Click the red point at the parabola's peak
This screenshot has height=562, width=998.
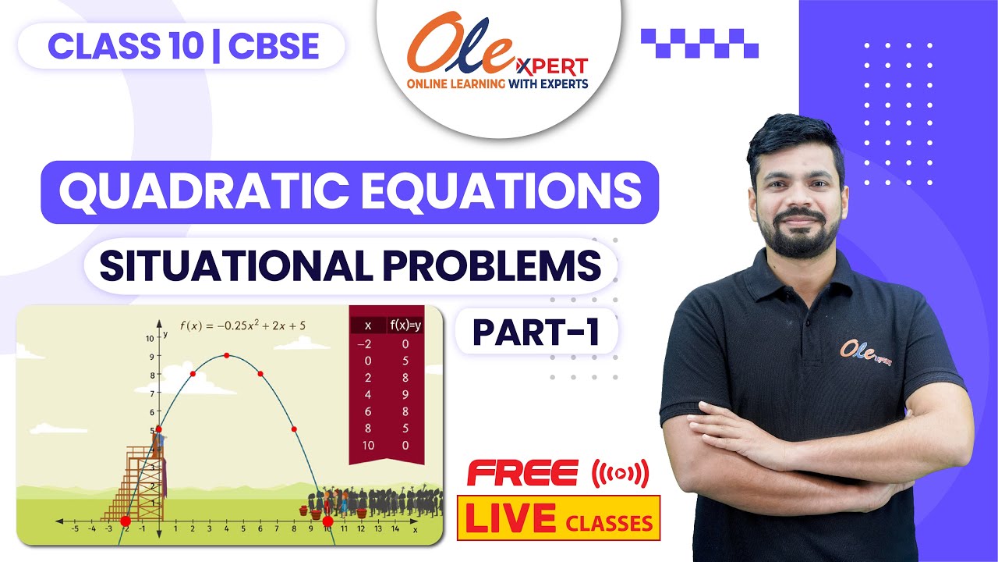[226, 355]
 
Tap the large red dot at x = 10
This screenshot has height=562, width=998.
[327, 521]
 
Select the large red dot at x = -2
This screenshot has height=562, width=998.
[126, 521]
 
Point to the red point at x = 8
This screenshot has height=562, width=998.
[294, 429]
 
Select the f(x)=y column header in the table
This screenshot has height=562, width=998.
[405, 325]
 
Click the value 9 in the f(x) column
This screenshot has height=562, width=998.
[405, 394]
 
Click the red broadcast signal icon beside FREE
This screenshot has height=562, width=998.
[621, 473]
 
